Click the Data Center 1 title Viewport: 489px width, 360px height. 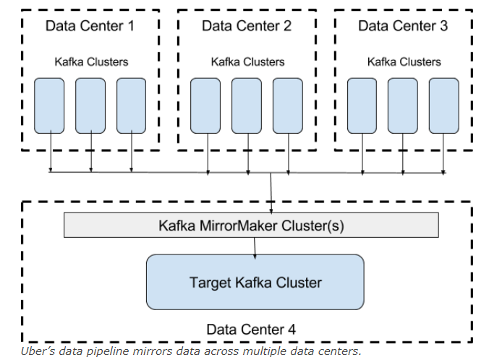(x=90, y=26)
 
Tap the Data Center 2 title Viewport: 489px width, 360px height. (x=247, y=26)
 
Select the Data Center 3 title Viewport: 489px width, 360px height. (x=403, y=26)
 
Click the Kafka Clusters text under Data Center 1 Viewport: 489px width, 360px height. (x=91, y=61)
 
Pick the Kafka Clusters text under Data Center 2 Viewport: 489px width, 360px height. (x=247, y=61)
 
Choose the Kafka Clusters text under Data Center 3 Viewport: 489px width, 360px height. (x=404, y=61)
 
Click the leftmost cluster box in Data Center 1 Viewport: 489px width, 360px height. (x=50, y=105)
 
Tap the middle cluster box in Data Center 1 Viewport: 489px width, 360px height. (x=90, y=105)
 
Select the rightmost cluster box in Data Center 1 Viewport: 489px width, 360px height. (x=131, y=105)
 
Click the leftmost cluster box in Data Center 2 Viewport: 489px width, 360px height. (x=206, y=105)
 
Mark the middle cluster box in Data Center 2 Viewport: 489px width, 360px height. (x=247, y=105)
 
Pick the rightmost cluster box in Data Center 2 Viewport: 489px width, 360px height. (x=288, y=105)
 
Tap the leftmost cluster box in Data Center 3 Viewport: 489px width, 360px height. (x=362, y=105)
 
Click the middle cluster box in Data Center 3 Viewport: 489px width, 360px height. (x=403, y=105)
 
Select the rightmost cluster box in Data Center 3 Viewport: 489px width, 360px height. (x=443, y=105)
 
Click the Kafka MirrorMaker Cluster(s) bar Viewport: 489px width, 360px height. (x=251, y=226)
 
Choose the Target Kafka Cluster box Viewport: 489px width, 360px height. (x=255, y=281)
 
